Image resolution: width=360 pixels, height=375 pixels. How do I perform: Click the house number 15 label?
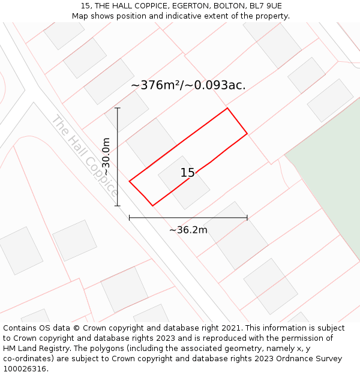pos(187,173)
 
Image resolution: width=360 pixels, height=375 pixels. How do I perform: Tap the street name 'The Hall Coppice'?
pos(84,155)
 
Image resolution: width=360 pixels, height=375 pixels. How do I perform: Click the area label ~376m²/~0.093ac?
pos(188,85)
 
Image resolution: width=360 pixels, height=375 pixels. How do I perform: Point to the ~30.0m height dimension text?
pos(106,157)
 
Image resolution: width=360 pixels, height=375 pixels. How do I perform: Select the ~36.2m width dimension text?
pos(188,230)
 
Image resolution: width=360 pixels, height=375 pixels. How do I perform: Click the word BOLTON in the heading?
pos(227,6)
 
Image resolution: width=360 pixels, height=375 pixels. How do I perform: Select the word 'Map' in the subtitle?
pos(80,16)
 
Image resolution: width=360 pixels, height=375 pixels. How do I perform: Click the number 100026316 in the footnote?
pos(25,368)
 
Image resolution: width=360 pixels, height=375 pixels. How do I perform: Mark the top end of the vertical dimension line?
pos(118,108)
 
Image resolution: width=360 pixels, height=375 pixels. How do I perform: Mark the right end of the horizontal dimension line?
pos(247,218)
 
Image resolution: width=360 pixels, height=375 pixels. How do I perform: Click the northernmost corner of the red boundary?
pos(227,108)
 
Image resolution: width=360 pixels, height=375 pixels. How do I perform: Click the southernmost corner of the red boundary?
pos(152,206)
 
